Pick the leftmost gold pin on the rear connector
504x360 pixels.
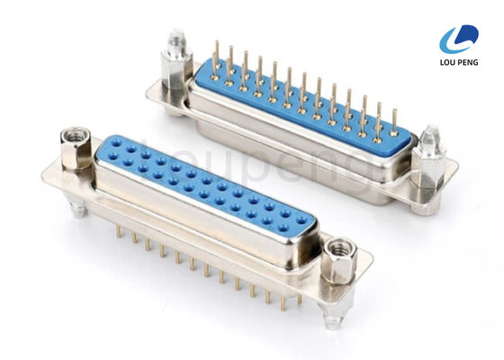pos(216,56)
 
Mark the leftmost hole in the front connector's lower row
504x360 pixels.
pos(125,160)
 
